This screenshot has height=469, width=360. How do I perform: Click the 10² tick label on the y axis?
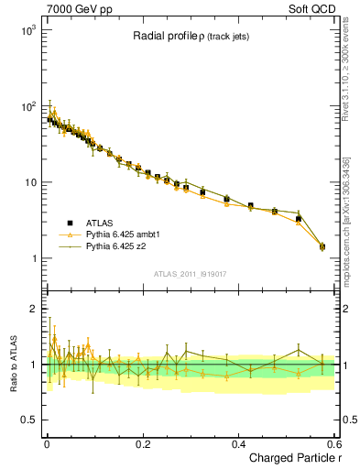[28, 106]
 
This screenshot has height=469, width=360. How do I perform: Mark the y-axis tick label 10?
[30, 182]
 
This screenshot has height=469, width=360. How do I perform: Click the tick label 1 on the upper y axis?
[35, 258]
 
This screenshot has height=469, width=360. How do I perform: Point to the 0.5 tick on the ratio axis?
[30, 420]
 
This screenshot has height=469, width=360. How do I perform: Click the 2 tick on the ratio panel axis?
[35, 309]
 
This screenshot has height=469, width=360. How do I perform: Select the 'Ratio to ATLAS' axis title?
[11, 364]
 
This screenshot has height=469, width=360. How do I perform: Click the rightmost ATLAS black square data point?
[322, 246]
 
